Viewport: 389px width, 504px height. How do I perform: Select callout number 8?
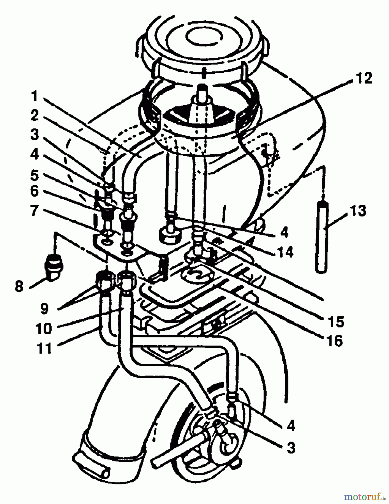19,286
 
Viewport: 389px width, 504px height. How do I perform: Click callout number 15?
337,322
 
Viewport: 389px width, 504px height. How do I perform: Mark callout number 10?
44,328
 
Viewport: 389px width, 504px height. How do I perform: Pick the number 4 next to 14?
284,232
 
